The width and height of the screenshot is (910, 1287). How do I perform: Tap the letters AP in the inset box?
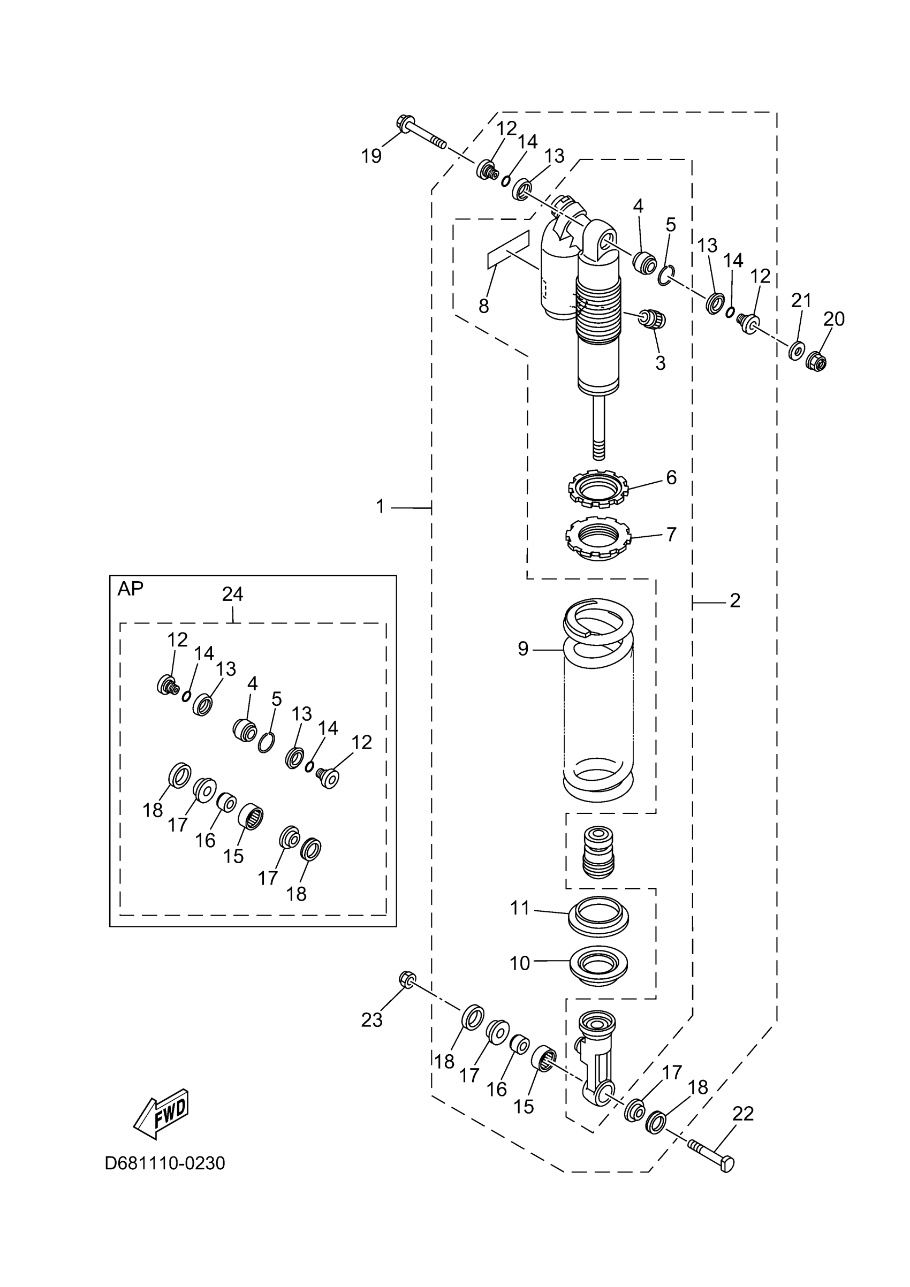(130, 589)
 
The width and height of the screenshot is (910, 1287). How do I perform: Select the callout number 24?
(233, 594)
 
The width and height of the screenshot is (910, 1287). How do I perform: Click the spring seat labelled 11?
(598, 917)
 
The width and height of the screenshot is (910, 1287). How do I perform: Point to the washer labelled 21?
(795, 352)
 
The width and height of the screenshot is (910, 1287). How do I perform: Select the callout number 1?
(380, 507)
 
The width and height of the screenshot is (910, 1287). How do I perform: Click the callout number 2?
(735, 601)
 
